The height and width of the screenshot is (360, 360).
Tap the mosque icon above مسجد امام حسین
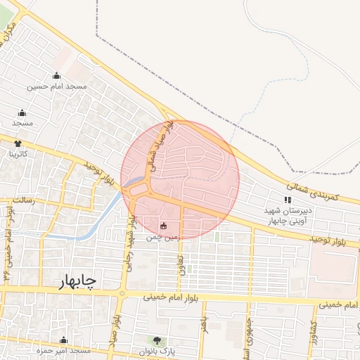coord(57,76)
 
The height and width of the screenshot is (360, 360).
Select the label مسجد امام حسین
coord(57,86)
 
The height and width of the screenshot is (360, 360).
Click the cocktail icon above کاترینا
coord(17,143)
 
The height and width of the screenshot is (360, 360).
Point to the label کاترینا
coord(18,153)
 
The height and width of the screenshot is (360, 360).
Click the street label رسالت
coord(24,200)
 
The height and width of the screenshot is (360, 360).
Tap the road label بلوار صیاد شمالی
coord(158,146)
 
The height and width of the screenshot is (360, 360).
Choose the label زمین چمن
coord(163,238)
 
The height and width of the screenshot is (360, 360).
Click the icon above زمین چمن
coord(164,226)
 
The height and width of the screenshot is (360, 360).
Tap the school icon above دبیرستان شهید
coord(287,200)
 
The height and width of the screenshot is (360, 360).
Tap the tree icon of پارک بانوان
coord(155,341)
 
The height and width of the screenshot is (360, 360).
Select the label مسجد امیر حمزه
coord(63,350)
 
